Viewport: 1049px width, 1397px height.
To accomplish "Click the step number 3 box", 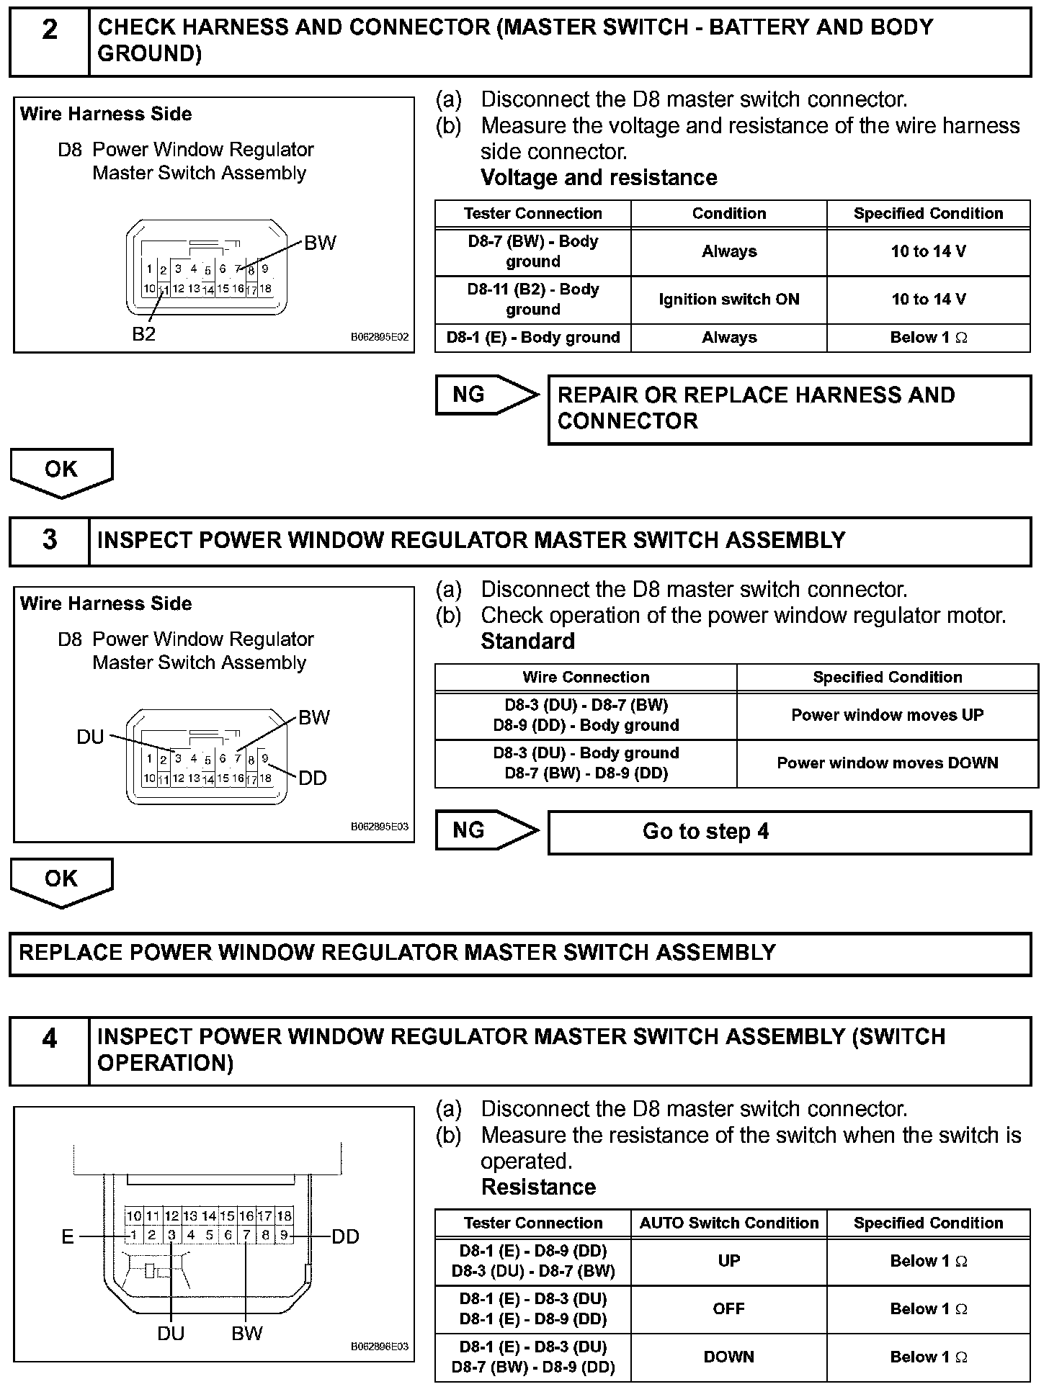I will [x=49, y=540].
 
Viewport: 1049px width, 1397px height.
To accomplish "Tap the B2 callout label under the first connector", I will [x=144, y=334].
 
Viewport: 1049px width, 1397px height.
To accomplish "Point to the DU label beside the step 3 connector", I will [x=91, y=737].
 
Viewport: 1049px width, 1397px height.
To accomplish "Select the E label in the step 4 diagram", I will [x=68, y=1236].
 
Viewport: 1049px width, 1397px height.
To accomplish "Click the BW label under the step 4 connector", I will [x=247, y=1334].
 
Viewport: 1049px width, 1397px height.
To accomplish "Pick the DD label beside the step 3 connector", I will [x=313, y=778].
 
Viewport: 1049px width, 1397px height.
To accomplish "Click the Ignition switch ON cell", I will [x=728, y=300].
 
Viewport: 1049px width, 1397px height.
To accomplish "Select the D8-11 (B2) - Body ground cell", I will [x=532, y=300].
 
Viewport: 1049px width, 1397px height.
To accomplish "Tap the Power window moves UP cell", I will [x=887, y=715].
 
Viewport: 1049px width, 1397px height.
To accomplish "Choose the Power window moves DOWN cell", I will [x=887, y=763].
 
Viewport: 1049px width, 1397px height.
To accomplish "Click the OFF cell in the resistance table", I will [x=728, y=1309].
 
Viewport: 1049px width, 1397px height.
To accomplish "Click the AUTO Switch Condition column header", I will [x=728, y=1223].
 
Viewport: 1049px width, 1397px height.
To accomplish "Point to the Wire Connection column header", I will [x=586, y=677].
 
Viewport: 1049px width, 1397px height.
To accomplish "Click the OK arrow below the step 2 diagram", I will [x=61, y=471].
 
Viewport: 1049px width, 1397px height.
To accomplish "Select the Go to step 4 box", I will [x=789, y=832].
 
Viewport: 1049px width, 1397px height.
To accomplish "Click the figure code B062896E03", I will [x=380, y=1347].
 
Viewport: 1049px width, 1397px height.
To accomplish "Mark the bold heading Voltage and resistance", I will [x=599, y=178].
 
